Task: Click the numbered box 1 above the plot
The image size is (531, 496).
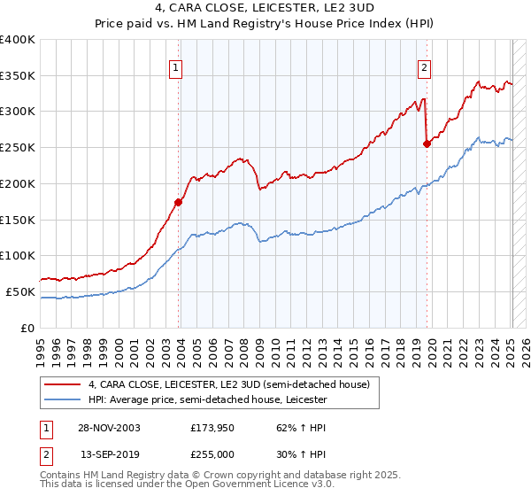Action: pyautogui.click(x=176, y=67)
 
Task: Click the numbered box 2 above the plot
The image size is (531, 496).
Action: pyautogui.click(x=425, y=67)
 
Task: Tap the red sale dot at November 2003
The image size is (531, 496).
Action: pyautogui.click(x=179, y=202)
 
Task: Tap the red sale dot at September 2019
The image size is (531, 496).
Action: pyautogui.click(x=427, y=143)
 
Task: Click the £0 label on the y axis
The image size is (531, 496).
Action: pyautogui.click(x=27, y=328)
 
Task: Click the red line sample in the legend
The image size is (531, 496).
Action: pyautogui.click(x=63, y=384)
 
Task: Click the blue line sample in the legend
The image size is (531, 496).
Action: pyautogui.click(x=63, y=399)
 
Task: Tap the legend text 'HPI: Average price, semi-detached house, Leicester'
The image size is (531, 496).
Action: pyautogui.click(x=207, y=399)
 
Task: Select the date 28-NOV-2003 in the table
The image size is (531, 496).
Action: pyautogui.click(x=109, y=427)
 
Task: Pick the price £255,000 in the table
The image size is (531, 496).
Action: pyautogui.click(x=212, y=454)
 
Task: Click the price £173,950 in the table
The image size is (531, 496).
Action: pyautogui.click(x=212, y=427)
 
